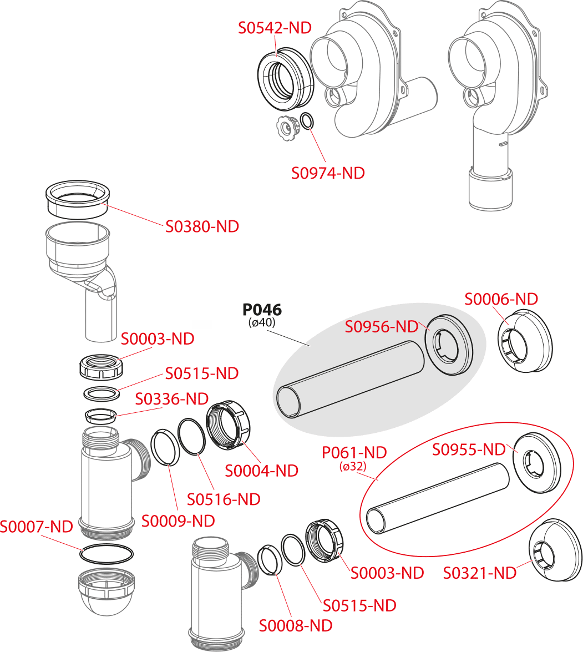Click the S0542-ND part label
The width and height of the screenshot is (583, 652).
[275, 28]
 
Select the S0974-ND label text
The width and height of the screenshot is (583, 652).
[328, 173]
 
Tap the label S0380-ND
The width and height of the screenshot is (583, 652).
[202, 226]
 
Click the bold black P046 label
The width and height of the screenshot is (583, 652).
[262, 310]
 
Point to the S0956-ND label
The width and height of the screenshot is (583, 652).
[381, 327]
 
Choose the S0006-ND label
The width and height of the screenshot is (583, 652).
[501, 299]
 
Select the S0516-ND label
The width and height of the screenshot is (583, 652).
[223, 499]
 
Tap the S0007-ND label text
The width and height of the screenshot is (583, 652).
[36, 526]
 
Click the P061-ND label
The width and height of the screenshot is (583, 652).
[354, 452]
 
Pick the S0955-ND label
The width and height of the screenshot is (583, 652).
[469, 449]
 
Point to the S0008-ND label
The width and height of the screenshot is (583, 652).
[296, 626]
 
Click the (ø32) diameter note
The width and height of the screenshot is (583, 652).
[353, 467]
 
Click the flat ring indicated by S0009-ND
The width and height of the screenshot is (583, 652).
[164, 448]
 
